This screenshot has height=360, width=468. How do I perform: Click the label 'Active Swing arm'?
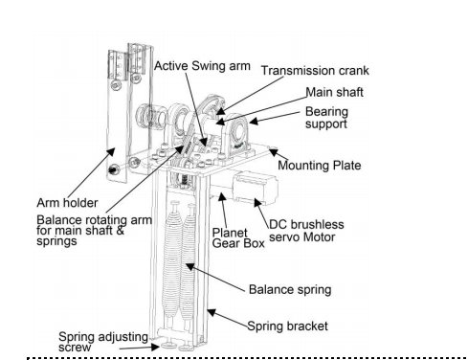202,66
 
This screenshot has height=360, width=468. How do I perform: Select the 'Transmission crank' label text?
315,71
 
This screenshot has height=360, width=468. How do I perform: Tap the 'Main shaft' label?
334,92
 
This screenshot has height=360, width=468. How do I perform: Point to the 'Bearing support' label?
326,118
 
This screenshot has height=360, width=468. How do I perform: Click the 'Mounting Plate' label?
320,166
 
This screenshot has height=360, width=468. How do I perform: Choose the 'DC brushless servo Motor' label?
306,231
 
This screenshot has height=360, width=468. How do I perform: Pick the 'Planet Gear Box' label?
238,238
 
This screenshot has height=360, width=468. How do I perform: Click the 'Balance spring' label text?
290,290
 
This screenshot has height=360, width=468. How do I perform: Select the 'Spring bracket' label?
287,326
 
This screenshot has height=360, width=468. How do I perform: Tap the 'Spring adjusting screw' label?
103,342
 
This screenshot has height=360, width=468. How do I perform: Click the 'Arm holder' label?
67,203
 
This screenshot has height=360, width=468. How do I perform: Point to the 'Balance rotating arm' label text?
94,220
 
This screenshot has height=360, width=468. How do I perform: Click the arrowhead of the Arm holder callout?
110,152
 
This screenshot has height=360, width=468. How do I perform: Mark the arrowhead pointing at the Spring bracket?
212,312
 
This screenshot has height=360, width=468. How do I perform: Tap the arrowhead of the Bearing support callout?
254,121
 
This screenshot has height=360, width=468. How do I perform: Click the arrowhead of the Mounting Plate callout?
273,151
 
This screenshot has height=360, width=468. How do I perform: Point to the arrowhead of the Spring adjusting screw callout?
155,347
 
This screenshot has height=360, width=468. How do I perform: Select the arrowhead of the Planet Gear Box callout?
222,197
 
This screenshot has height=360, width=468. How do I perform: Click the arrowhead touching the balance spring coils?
189,266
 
